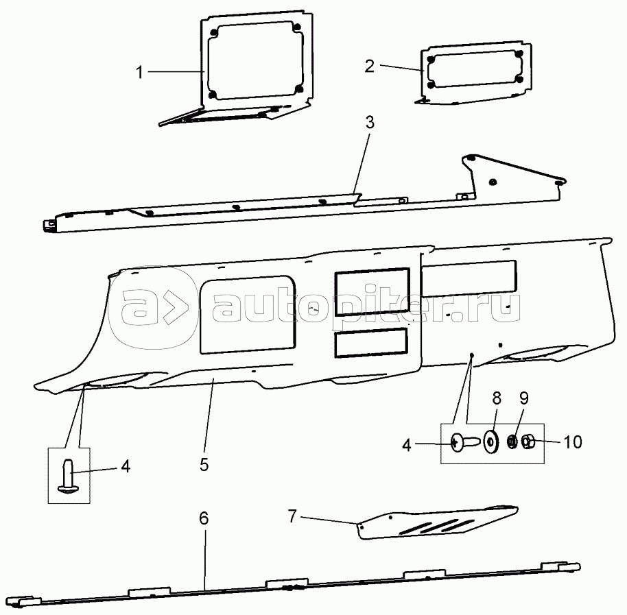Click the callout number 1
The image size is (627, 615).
[139, 73]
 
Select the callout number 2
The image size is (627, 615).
[370, 66]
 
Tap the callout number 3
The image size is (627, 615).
[370, 122]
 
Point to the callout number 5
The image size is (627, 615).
[204, 465]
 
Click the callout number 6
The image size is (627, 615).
[204, 518]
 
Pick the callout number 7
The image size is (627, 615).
[293, 516]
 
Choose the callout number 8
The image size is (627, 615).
[497, 398]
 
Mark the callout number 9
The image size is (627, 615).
[524, 398]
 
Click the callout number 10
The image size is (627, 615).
[573, 442]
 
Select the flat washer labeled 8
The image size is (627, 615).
[490, 442]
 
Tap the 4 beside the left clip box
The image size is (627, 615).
[126, 466]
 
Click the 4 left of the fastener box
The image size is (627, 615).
[406, 445]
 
